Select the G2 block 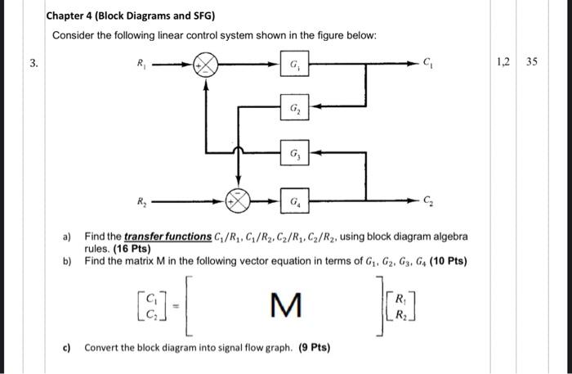[x=293, y=108]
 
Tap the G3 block [x=293, y=152]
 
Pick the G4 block [x=293, y=199]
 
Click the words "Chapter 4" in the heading [x=70, y=16]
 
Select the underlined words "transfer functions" [x=168, y=236]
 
